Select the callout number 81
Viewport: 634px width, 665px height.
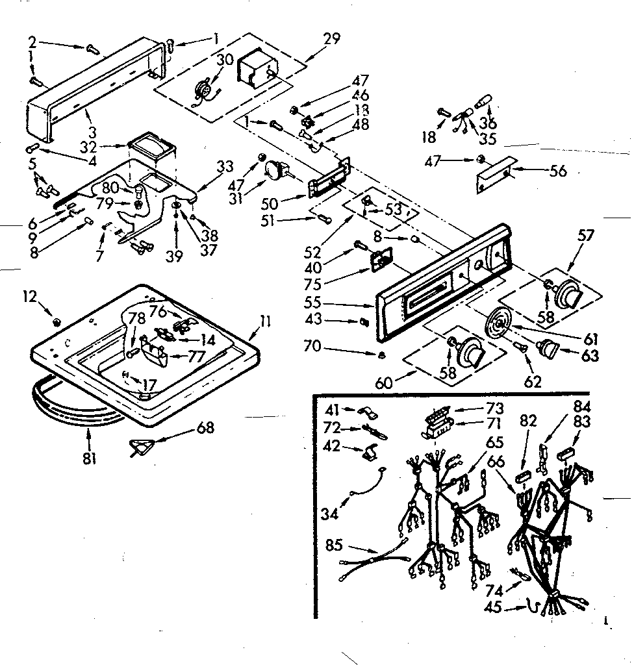pyautogui.click(x=89, y=458)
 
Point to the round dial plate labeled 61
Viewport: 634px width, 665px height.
pyautogui.click(x=500, y=323)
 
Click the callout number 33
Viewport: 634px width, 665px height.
pyautogui.click(x=225, y=166)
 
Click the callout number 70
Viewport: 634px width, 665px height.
pyautogui.click(x=312, y=346)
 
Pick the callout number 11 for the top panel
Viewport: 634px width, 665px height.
pyautogui.click(x=267, y=320)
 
